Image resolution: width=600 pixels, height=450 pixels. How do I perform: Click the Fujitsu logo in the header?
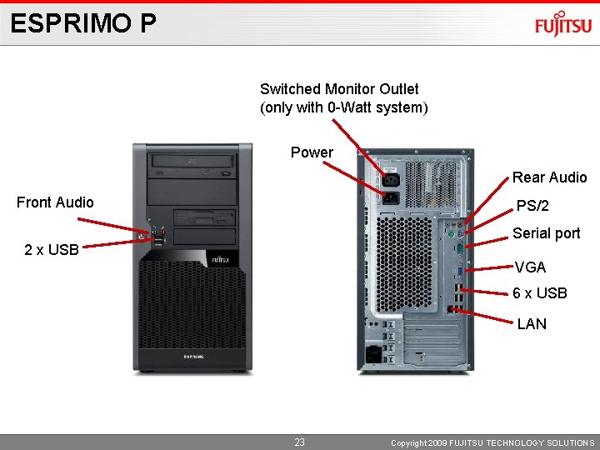tap(563, 25)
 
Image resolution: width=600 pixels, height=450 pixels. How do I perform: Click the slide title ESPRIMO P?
tap(83, 23)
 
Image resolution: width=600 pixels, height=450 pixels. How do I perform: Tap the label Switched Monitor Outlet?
tap(339, 89)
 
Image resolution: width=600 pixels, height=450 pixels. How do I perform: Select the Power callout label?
tap(312, 152)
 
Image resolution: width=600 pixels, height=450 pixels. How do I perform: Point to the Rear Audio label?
tap(549, 177)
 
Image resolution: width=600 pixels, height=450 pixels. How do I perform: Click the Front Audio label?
tap(55, 202)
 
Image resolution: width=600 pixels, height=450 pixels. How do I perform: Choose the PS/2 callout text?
tap(532, 206)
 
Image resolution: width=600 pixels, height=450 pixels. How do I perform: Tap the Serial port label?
tap(546, 233)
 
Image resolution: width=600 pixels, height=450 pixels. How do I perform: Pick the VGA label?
tap(530, 267)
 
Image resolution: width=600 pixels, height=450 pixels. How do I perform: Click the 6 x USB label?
tap(540, 293)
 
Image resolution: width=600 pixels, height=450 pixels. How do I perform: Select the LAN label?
tap(532, 323)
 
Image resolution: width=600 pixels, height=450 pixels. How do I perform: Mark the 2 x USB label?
tap(52, 249)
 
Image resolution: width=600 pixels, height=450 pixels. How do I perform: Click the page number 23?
tap(299, 442)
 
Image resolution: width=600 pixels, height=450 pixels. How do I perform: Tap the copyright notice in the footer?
tap(492, 443)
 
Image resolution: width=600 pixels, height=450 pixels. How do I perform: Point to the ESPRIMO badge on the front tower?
tap(193, 357)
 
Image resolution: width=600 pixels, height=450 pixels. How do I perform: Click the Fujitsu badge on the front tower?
tap(220, 260)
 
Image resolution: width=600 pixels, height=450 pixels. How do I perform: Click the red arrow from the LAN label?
tap(482, 313)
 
